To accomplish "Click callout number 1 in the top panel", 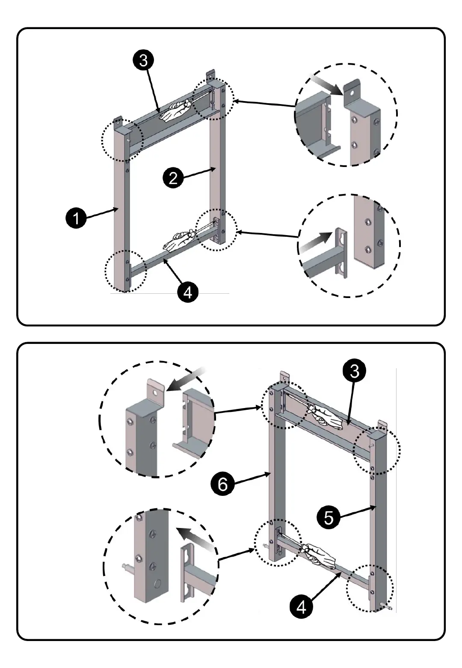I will [x=76, y=218].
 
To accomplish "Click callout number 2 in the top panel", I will [x=173, y=177].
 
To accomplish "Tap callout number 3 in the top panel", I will [x=143, y=60].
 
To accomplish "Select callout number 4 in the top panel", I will [x=187, y=292].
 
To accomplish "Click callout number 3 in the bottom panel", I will [x=354, y=371].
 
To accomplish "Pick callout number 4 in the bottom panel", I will [x=301, y=607].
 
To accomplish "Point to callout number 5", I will [x=328, y=517].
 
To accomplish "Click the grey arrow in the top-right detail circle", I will [x=326, y=84].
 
